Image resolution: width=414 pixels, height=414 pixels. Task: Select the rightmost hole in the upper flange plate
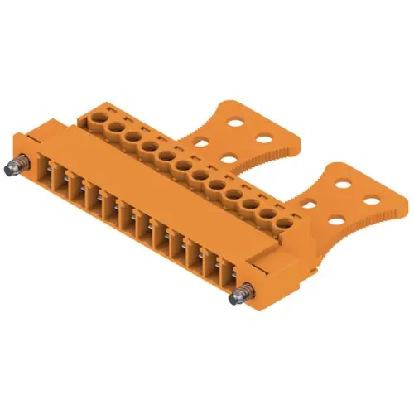[x=266, y=132]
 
